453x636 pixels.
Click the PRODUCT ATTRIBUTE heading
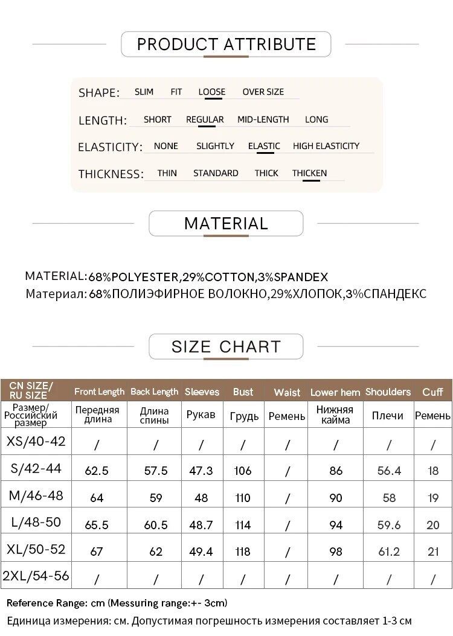[226, 44]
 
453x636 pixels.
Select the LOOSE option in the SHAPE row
[211, 92]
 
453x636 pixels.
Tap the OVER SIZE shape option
[263, 92]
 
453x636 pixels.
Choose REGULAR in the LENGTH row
[205, 119]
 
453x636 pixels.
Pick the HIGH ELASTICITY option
[326, 146]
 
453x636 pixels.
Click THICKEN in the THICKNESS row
[309, 173]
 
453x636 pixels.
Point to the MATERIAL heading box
[226, 223]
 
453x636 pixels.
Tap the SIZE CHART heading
[226, 347]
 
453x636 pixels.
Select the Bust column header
[243, 392]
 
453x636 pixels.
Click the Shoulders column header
[388, 392]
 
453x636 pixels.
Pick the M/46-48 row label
[36, 496]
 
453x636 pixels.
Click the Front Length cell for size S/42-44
[97, 471]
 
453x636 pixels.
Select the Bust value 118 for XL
[243, 552]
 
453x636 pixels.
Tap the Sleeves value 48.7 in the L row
[201, 525]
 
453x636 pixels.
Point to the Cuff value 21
[433, 552]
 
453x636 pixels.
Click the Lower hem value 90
[336, 498]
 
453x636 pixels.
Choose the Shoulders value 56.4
[389, 471]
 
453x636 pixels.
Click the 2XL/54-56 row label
[36, 576]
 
